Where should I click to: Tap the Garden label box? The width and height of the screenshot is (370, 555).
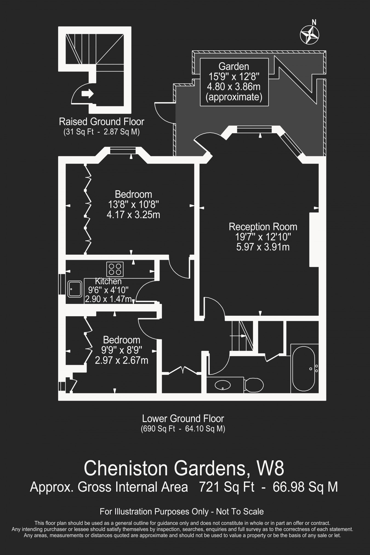tap(234, 82)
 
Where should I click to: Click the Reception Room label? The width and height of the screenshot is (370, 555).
tap(263, 227)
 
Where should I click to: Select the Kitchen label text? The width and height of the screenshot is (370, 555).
tap(108, 281)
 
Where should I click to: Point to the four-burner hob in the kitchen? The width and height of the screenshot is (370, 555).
tap(115, 269)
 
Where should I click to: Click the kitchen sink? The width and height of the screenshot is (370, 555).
tap(75, 289)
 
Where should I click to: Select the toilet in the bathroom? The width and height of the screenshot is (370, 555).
tap(254, 385)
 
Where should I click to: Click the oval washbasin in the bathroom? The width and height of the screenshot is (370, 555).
tap(223, 385)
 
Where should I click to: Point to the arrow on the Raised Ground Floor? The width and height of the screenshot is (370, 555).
tap(87, 94)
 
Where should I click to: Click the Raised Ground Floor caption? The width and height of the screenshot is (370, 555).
tap(102, 121)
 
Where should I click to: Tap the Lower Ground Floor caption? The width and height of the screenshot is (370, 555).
tap(183, 419)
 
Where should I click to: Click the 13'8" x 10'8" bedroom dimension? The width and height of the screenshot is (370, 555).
tap(133, 204)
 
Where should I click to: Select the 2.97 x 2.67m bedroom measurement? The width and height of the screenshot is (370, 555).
tap(121, 360)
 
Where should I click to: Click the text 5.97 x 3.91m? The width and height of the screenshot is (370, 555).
tap(263, 247)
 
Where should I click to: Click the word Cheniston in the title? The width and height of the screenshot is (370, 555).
tap(126, 468)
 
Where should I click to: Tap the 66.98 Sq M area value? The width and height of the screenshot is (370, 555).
tap(305, 488)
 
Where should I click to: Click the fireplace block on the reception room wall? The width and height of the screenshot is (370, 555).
tap(314, 239)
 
